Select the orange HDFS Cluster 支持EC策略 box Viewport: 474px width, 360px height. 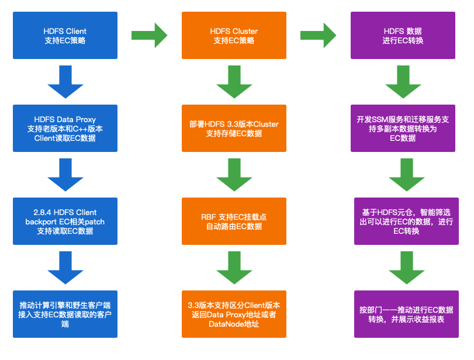234,35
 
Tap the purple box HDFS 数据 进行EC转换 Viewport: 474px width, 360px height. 403,35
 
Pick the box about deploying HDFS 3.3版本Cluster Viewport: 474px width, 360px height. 234,129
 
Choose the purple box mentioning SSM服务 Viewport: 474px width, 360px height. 403,129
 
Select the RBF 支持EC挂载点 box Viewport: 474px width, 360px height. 234,221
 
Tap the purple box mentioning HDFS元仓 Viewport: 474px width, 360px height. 403,221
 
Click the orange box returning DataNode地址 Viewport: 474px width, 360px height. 234,314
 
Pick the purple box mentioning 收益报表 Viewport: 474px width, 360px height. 403,314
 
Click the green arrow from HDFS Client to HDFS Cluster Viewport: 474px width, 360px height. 149,35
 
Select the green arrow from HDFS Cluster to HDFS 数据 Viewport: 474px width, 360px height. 318,35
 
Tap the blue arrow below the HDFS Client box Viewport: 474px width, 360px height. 65,82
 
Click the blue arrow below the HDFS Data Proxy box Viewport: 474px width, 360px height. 65,175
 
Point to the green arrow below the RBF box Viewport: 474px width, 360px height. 234,268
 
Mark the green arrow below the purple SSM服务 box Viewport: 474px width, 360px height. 403,175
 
